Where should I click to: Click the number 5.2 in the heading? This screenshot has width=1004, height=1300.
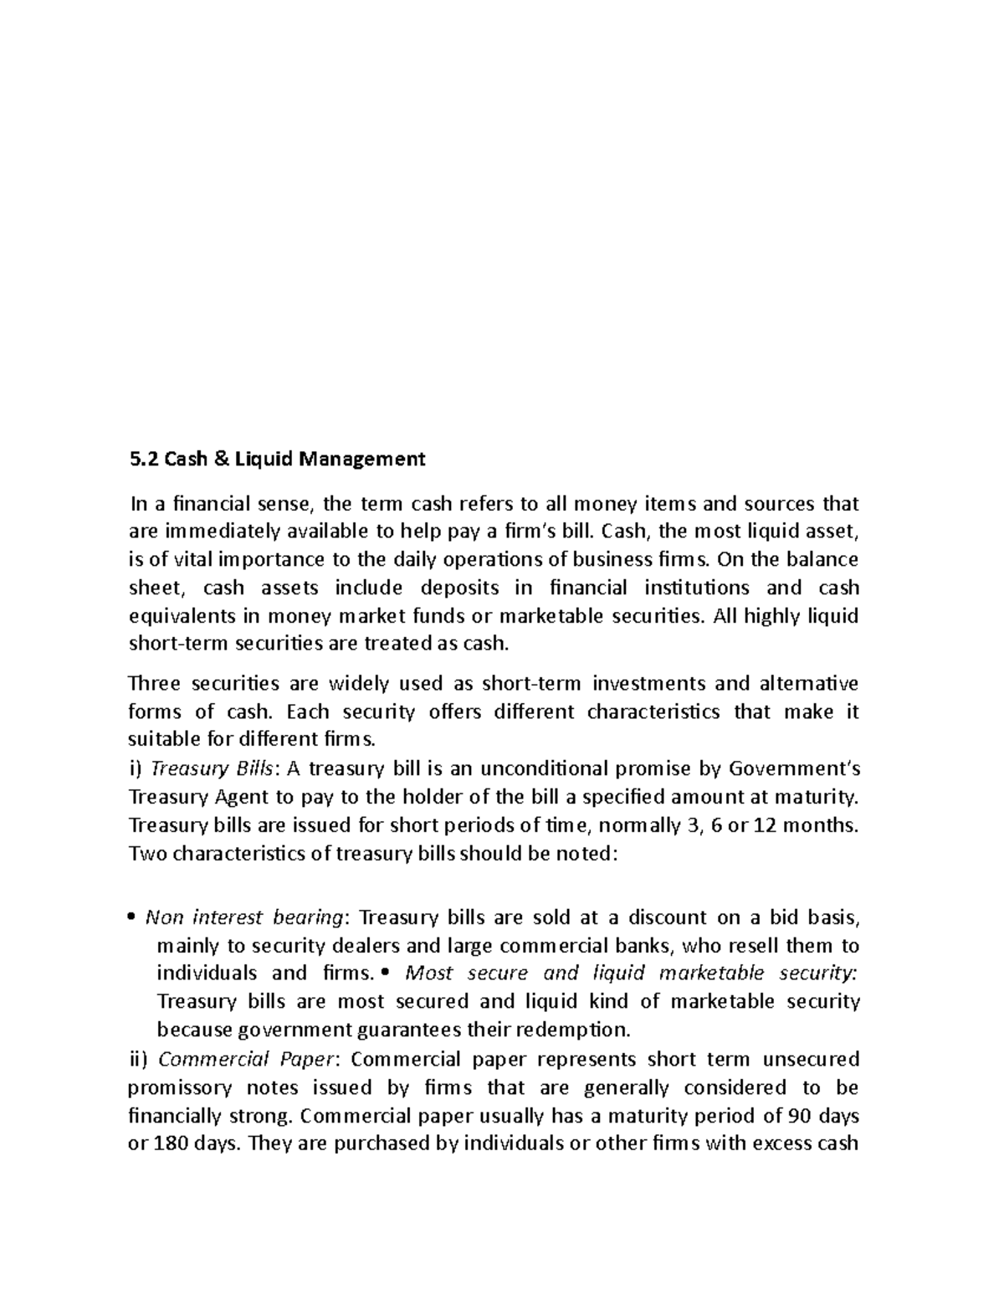(x=142, y=459)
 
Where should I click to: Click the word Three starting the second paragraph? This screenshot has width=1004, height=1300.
(x=154, y=684)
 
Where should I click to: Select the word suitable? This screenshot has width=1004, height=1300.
(x=159, y=740)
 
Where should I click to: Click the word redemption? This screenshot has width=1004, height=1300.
(x=572, y=1029)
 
